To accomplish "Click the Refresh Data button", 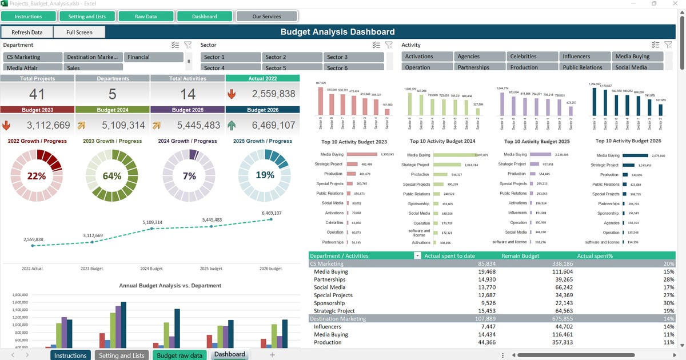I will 27,33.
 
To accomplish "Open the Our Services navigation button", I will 266,17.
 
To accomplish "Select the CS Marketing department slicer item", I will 33,57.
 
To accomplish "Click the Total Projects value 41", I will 37,94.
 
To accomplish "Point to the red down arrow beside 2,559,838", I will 232,94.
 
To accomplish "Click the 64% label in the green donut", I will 112,176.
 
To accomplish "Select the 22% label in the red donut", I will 37,176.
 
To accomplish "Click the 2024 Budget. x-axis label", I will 151,268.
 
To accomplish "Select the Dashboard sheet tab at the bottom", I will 229,355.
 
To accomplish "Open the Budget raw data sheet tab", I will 180,355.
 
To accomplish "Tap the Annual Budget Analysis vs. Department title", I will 170,285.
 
